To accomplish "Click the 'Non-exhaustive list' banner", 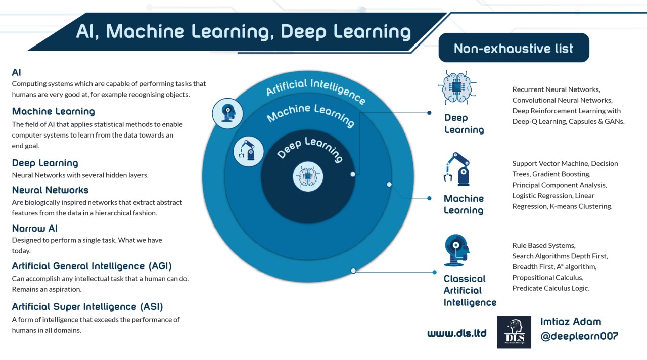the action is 514,48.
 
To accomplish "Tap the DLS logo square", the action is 514,332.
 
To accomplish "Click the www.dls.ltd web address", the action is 456,333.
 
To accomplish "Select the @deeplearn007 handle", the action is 579,336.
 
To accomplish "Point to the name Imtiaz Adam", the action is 571,321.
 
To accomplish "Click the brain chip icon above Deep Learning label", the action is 457,87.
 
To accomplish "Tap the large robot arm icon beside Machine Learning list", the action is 456,169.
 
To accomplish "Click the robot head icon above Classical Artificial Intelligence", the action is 456,250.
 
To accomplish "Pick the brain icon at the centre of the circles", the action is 308,176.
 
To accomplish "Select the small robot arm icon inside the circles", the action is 248,151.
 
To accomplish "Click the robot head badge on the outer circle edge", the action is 227,113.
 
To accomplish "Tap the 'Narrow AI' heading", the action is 35,229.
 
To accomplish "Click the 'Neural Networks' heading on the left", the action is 50,190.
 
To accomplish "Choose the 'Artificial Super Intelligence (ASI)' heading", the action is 87,306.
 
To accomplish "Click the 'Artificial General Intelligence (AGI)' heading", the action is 92,266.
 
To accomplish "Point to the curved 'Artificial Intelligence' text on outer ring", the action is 316,90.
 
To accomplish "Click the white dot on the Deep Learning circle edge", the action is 353,174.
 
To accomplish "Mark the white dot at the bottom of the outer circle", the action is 353,271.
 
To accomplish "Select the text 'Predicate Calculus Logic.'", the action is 551,288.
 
